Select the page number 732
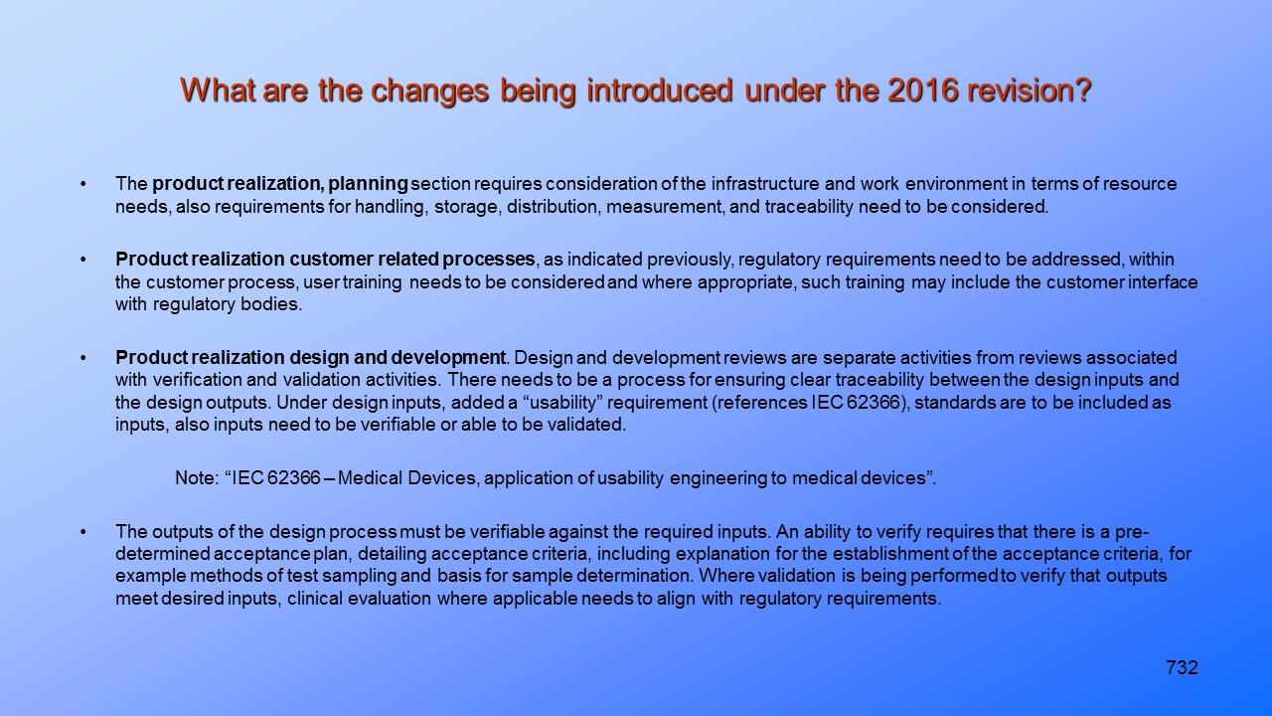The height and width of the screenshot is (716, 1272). [x=1182, y=668]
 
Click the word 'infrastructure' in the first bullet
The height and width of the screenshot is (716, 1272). [x=771, y=184]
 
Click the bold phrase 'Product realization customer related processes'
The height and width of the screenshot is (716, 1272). [x=325, y=260]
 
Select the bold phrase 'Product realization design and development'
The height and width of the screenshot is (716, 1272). [x=311, y=357]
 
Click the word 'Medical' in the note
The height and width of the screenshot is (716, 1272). [x=375, y=478]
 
